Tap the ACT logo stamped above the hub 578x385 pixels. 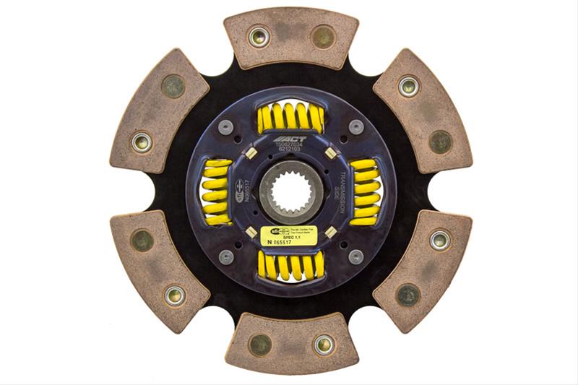[290, 139]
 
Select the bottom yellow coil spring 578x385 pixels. [290, 266]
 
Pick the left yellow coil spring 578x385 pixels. [215, 191]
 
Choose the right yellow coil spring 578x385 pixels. [365, 191]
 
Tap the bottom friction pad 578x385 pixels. [290, 345]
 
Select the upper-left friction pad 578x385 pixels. [159, 113]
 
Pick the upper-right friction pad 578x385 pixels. [423, 113]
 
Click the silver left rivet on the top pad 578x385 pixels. [257, 36]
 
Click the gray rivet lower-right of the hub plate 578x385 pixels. [355, 256]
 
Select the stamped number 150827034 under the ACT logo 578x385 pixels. [290, 147]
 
